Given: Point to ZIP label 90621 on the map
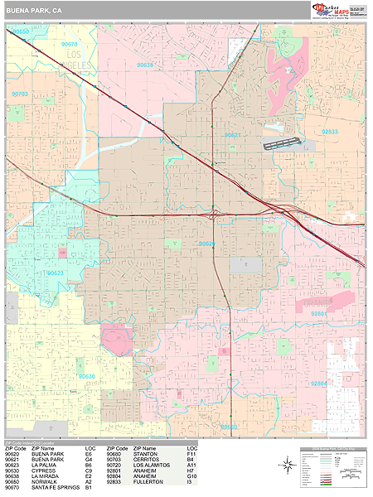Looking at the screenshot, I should pos(233,135).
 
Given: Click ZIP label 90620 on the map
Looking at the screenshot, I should pos(207,244).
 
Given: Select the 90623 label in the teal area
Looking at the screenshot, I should pos(56,272).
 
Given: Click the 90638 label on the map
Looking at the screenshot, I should pos(145,64).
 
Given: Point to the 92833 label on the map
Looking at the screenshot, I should pos(330,132).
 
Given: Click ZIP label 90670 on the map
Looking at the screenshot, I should pos(70,45).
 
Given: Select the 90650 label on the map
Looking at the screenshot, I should pos(21,31).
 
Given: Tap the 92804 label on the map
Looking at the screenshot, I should pos(318,384).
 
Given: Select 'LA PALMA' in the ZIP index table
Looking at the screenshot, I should pos(44,466).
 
